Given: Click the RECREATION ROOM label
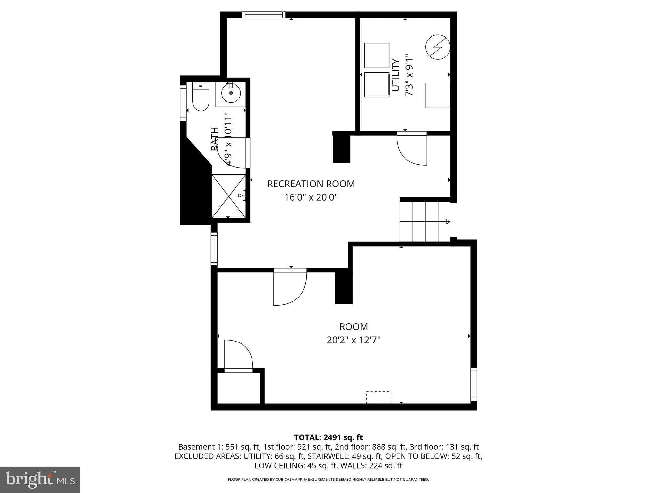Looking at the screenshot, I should pyautogui.click(x=311, y=184).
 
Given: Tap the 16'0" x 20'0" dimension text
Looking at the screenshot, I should pyautogui.click(x=311, y=197).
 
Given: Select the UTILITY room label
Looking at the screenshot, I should pyautogui.click(x=396, y=75).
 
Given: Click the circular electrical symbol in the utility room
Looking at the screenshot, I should pyautogui.click(x=438, y=47).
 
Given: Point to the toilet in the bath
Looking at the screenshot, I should pyautogui.click(x=201, y=97).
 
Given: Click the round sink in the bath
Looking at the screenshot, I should pyautogui.click(x=231, y=93).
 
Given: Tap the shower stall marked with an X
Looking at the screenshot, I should pyautogui.click(x=228, y=196).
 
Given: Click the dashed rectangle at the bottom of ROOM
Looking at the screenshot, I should pyautogui.click(x=379, y=397).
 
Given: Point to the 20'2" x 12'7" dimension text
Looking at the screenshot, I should pyautogui.click(x=353, y=340).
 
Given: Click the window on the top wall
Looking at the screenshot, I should pyautogui.click(x=263, y=15).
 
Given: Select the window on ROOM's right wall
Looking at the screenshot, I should pyautogui.click(x=474, y=384).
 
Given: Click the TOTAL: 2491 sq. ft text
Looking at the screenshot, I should pyautogui.click(x=328, y=437).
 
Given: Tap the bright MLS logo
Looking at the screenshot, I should pyautogui.click(x=40, y=480).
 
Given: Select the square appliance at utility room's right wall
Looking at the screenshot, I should pyautogui.click(x=438, y=95).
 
